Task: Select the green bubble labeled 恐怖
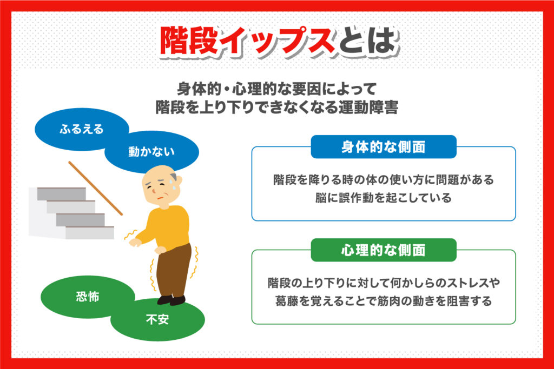(x=87, y=296)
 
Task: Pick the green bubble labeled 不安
(x=158, y=319)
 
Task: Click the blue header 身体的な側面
(x=384, y=147)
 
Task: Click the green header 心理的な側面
(x=384, y=250)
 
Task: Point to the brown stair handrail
(x=95, y=189)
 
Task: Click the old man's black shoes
(x=172, y=300)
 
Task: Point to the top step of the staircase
(x=62, y=193)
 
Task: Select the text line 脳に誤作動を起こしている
(x=384, y=198)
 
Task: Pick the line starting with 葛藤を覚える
(x=384, y=301)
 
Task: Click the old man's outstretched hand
(x=135, y=242)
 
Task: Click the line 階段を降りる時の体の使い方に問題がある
(x=384, y=179)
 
